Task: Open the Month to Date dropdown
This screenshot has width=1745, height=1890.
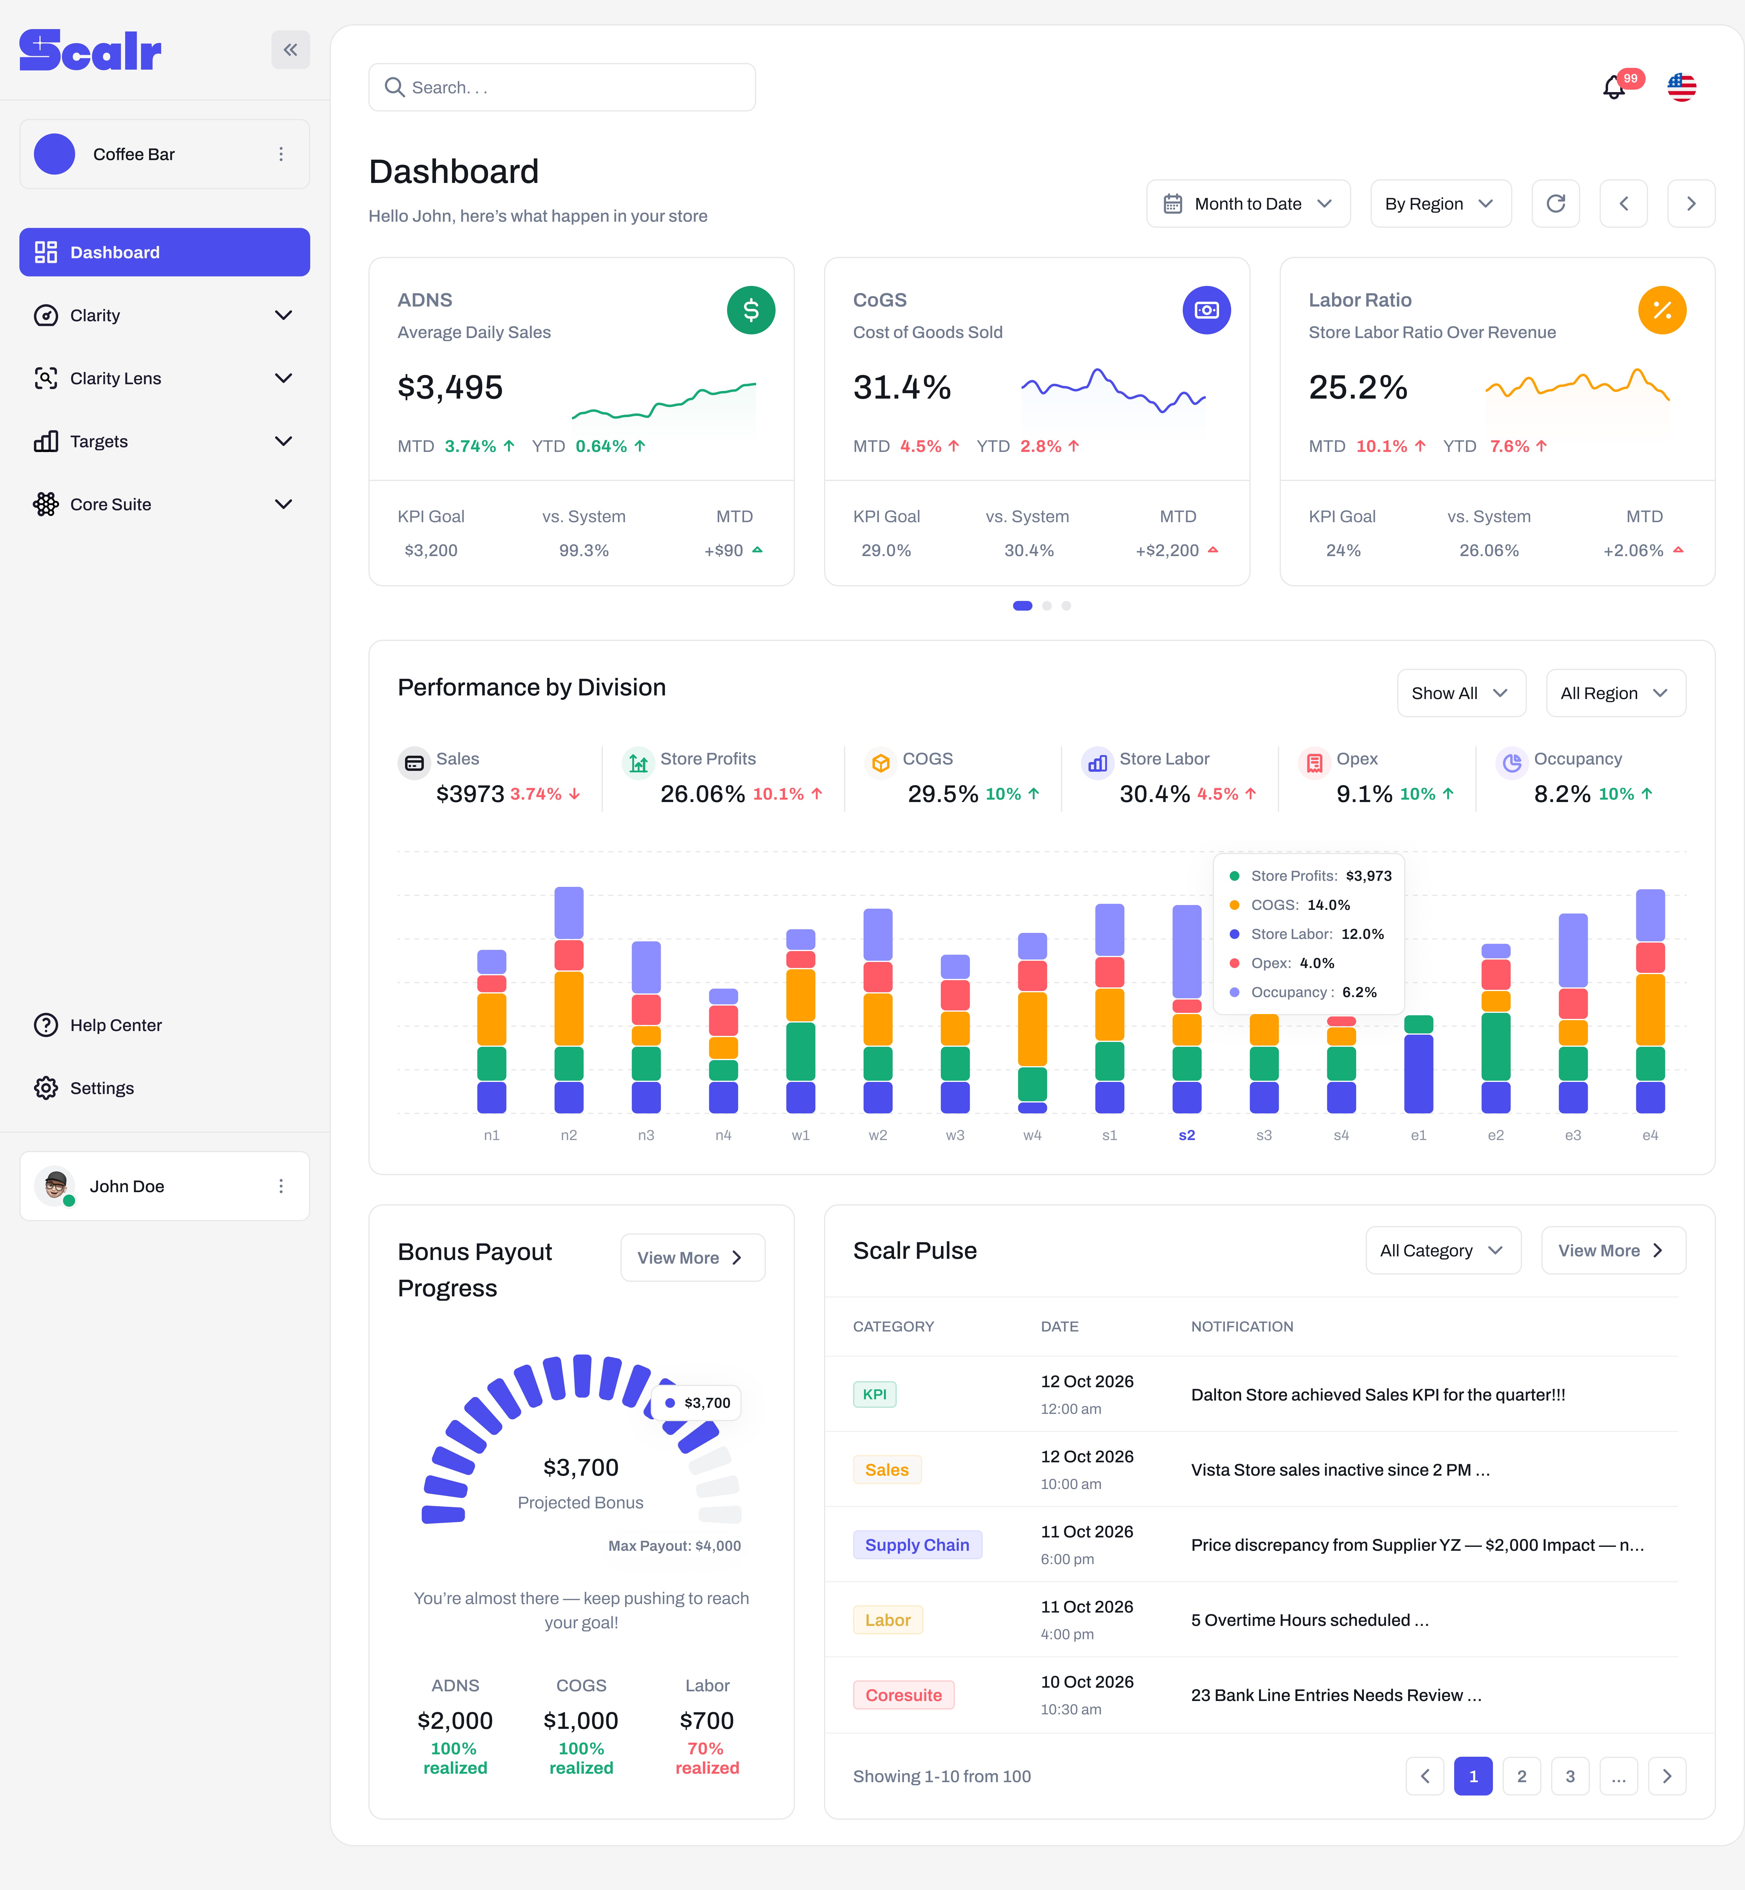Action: pyautogui.click(x=1247, y=204)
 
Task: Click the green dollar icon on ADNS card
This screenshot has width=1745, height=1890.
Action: pyautogui.click(x=751, y=310)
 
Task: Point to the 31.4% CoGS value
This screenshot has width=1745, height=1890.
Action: pyautogui.click(x=902, y=387)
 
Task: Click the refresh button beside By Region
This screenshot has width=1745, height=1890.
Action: pyautogui.click(x=1555, y=204)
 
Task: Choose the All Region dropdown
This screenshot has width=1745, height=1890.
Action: pyautogui.click(x=1615, y=693)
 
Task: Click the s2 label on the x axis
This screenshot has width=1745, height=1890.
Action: pyautogui.click(x=1187, y=1135)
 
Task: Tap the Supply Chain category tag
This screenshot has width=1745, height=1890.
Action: pyautogui.click(x=917, y=1544)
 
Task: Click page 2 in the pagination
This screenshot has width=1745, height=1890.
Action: pyautogui.click(x=1521, y=1776)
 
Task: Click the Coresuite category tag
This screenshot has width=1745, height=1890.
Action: pyautogui.click(x=904, y=1695)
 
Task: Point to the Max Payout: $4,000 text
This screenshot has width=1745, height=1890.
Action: pyautogui.click(x=674, y=1545)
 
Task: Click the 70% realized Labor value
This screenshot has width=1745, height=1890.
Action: pyautogui.click(x=706, y=1758)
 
